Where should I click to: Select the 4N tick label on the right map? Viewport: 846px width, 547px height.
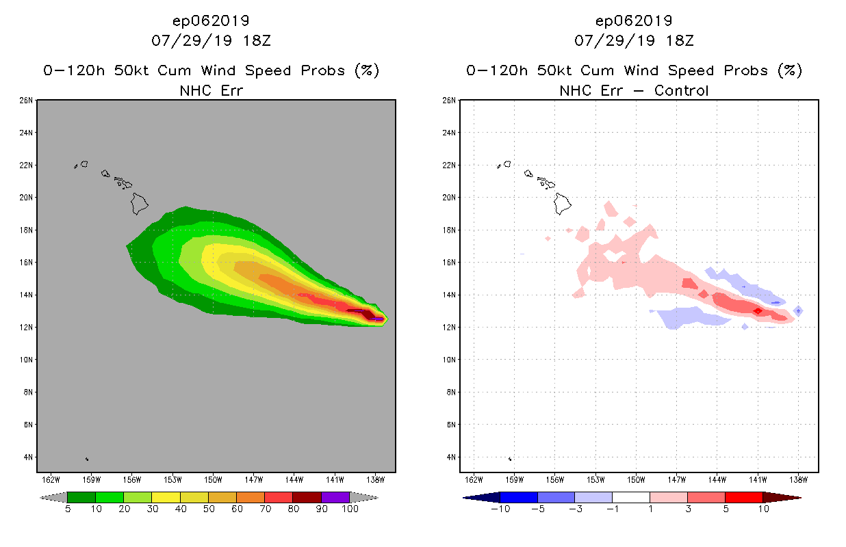(x=450, y=457)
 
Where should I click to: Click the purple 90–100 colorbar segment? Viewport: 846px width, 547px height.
(x=335, y=497)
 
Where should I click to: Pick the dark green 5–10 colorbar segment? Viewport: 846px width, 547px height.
(x=81, y=497)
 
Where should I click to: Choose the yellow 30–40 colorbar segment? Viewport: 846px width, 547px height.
(x=166, y=497)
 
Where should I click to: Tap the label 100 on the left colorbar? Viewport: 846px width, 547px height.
(x=349, y=509)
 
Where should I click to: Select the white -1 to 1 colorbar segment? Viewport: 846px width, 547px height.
(x=630, y=497)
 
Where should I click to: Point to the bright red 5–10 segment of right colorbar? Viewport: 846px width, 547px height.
(x=743, y=497)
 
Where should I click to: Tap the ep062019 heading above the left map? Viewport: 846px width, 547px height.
(x=211, y=21)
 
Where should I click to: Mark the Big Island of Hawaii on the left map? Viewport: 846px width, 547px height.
(x=140, y=202)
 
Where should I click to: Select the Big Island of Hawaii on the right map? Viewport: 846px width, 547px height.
(x=563, y=202)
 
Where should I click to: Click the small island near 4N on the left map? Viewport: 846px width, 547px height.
(x=87, y=459)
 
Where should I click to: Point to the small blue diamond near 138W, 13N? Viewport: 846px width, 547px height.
(x=798, y=311)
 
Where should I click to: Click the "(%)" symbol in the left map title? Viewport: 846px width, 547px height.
(x=367, y=70)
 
